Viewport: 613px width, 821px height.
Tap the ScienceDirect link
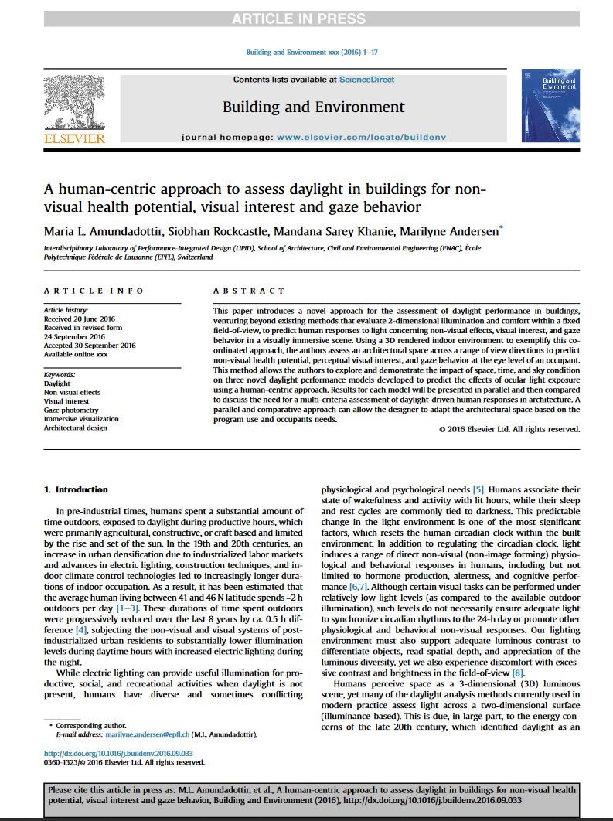click(x=369, y=80)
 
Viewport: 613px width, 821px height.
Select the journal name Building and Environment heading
click(x=313, y=107)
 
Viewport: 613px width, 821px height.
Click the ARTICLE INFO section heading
click(x=94, y=291)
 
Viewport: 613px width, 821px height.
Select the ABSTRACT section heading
click(x=249, y=291)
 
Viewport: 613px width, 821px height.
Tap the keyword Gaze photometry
click(x=71, y=410)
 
